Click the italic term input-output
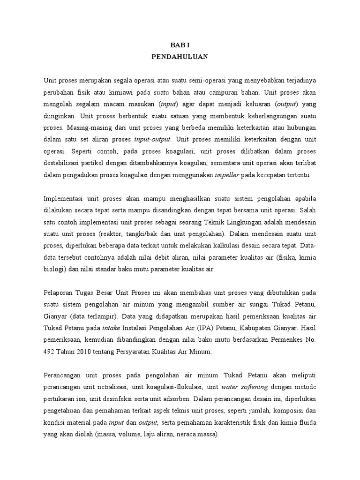[x=153, y=139]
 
